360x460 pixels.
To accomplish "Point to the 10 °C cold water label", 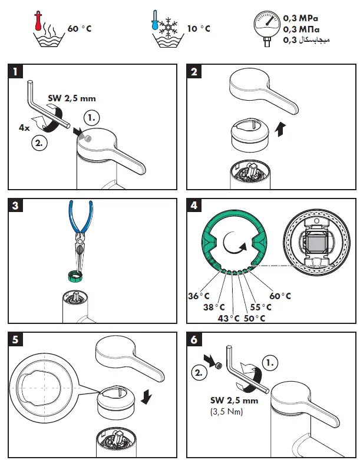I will [198, 28].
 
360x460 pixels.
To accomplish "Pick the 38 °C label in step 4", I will [214, 307].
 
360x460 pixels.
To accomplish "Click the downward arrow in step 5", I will [147, 398].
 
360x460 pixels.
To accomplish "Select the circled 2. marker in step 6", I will [200, 372].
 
